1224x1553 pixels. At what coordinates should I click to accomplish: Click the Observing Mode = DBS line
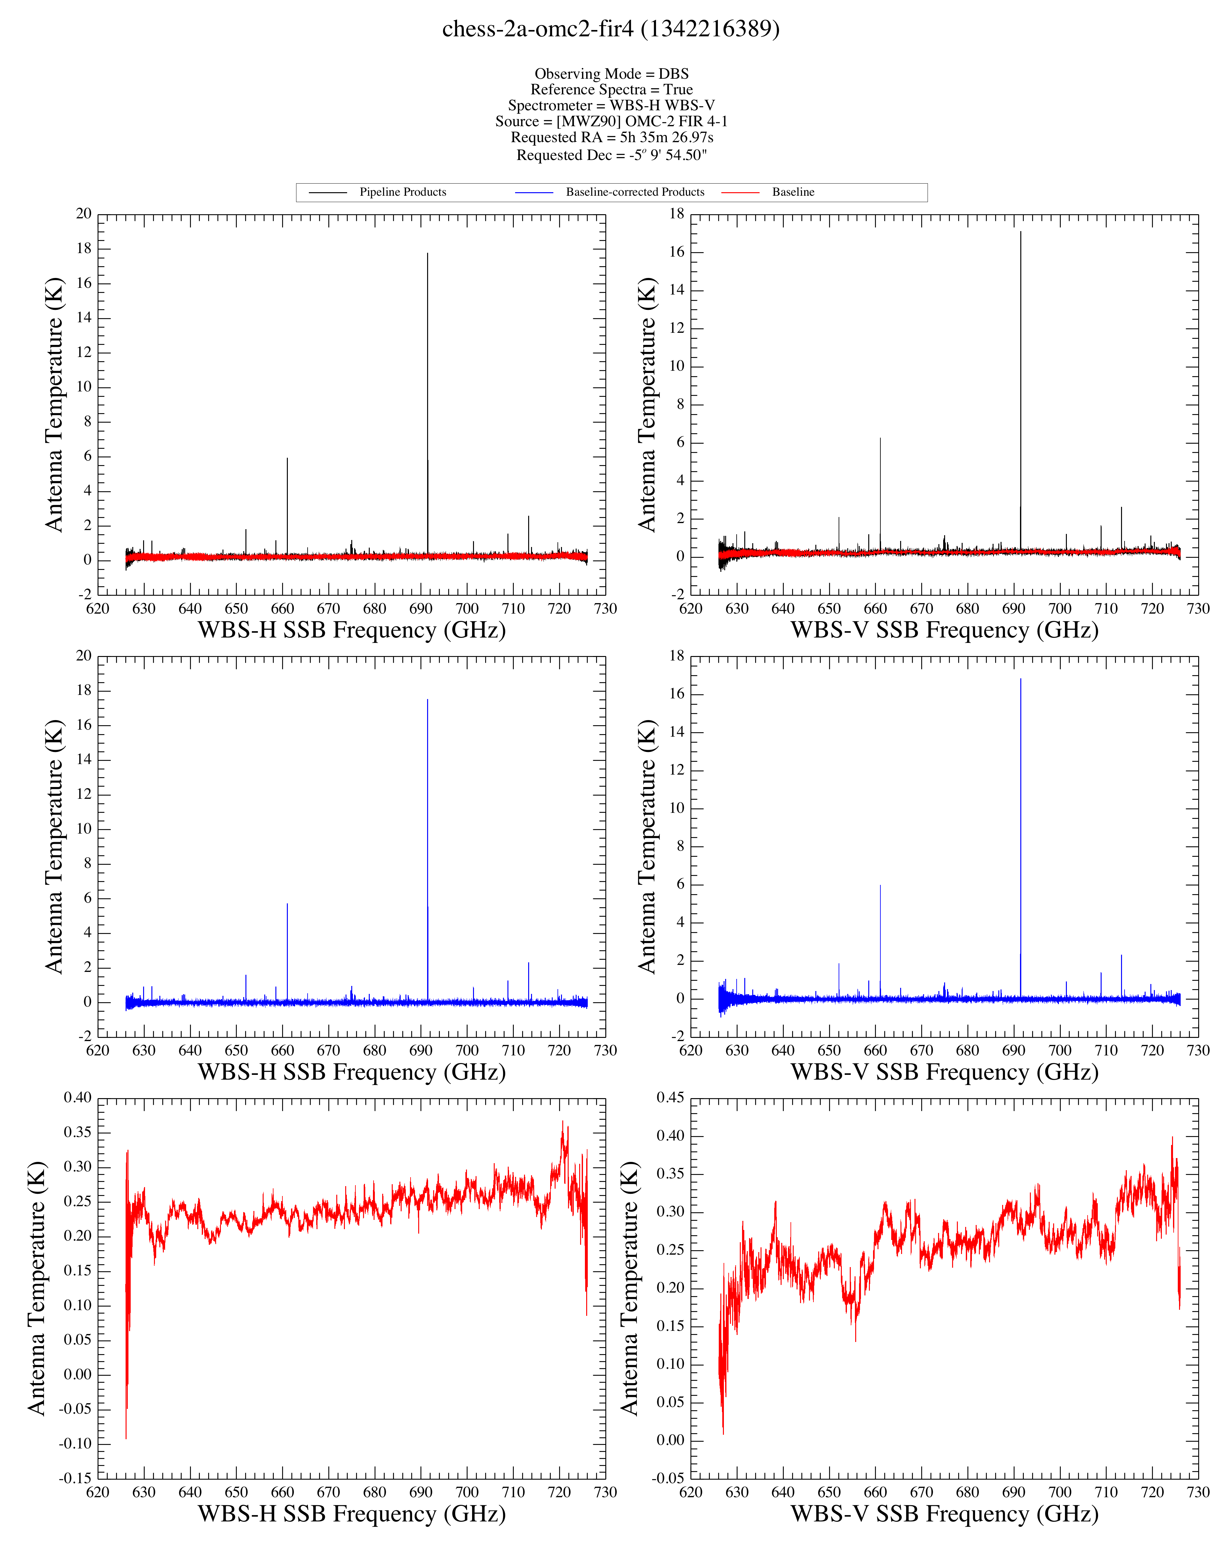pos(611,74)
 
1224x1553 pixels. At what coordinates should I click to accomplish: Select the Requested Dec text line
pos(611,155)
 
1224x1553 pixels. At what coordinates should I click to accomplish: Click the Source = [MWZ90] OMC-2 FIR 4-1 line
pos(611,121)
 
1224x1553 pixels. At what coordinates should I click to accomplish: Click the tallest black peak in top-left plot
pos(428,254)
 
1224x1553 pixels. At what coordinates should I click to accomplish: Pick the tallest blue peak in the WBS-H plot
pos(428,700)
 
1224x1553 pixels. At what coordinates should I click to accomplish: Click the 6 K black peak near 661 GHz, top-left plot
pos(288,459)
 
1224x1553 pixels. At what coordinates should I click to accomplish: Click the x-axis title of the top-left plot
pos(352,630)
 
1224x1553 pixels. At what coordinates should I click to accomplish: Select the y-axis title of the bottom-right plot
pos(629,1288)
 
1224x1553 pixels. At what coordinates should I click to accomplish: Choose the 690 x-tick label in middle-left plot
pos(421,1051)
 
